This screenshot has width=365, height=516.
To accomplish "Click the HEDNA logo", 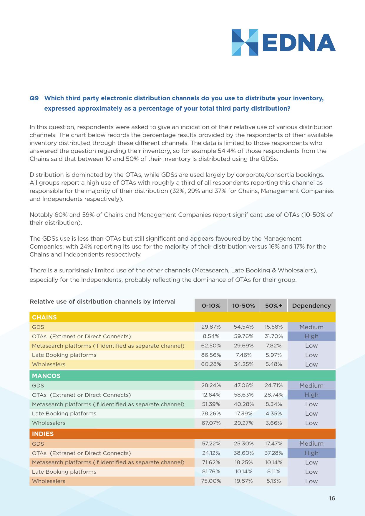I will click(283, 42).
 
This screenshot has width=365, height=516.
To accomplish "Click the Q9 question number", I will click(34, 98).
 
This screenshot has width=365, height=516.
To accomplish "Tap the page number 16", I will click(332, 498).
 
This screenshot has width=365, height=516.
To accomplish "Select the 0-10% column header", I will click(211, 306).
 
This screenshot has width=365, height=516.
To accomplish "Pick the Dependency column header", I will click(311, 306).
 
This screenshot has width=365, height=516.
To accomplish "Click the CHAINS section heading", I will click(44, 317).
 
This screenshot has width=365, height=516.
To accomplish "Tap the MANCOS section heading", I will click(46, 376).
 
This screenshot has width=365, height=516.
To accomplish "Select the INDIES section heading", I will click(43, 434).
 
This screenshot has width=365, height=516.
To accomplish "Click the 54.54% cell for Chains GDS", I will click(244, 327).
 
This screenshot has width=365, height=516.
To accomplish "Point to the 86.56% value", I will click(211, 355).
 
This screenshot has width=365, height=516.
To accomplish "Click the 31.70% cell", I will click(274, 336).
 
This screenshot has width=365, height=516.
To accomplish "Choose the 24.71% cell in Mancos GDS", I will click(274, 385).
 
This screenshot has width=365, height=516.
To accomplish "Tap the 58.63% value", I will click(244, 395).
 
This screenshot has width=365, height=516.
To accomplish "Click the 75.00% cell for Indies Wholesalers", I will click(211, 481).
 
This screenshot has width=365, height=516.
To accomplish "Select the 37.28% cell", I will click(274, 453).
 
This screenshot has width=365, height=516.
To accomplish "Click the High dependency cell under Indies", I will click(311, 453).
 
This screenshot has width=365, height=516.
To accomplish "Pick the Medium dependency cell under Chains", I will click(311, 327).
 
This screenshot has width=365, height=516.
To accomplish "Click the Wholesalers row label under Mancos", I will click(49, 423).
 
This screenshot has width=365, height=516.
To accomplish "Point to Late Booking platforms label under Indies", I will click(64, 472).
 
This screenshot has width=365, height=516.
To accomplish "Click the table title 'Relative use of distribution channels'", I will click(102, 302).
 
